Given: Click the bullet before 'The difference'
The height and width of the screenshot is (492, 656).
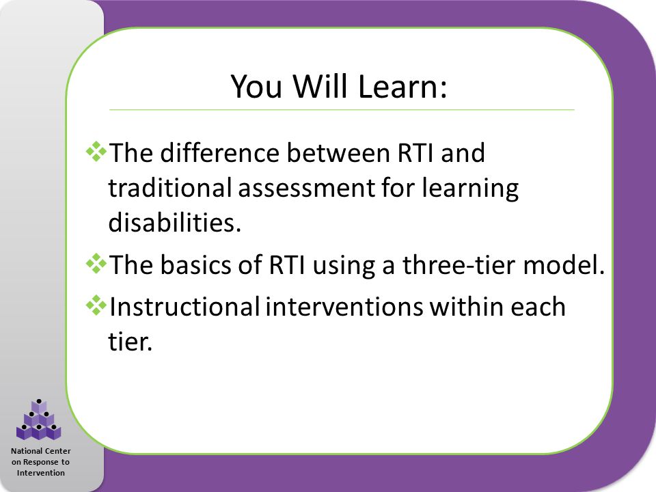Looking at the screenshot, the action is pyautogui.click(x=96, y=152).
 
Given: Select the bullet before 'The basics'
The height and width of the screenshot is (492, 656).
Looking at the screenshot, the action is pyautogui.click(x=96, y=264).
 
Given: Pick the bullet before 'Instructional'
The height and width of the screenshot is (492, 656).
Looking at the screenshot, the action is pyautogui.click(x=96, y=306).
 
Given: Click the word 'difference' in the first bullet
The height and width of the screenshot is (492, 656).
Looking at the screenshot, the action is pyautogui.click(x=219, y=152).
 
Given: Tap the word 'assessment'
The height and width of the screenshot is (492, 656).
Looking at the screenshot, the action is pyautogui.click(x=306, y=188).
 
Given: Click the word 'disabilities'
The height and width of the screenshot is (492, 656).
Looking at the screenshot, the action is pyautogui.click(x=175, y=221).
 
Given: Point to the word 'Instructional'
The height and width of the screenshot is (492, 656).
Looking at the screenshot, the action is pyautogui.click(x=184, y=307).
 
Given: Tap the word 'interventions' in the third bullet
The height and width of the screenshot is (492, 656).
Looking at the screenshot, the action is pyautogui.click(x=344, y=307).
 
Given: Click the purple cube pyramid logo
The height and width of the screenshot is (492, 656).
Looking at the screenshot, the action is pyautogui.click(x=38, y=420).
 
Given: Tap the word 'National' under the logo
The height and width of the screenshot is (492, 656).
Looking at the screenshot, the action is pyautogui.click(x=27, y=451).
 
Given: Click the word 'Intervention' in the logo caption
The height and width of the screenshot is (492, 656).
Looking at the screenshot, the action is pyautogui.click(x=40, y=473).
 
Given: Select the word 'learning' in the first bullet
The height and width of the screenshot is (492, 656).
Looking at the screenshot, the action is pyautogui.click(x=470, y=188).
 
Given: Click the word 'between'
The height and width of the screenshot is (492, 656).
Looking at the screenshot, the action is pyautogui.click(x=338, y=152).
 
